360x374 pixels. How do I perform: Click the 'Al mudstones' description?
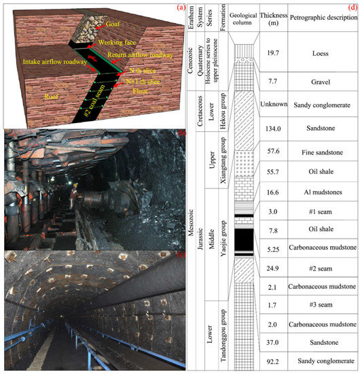pyautogui.click(x=323, y=194)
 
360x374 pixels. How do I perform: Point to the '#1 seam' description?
pyautogui.click(x=323, y=212)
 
